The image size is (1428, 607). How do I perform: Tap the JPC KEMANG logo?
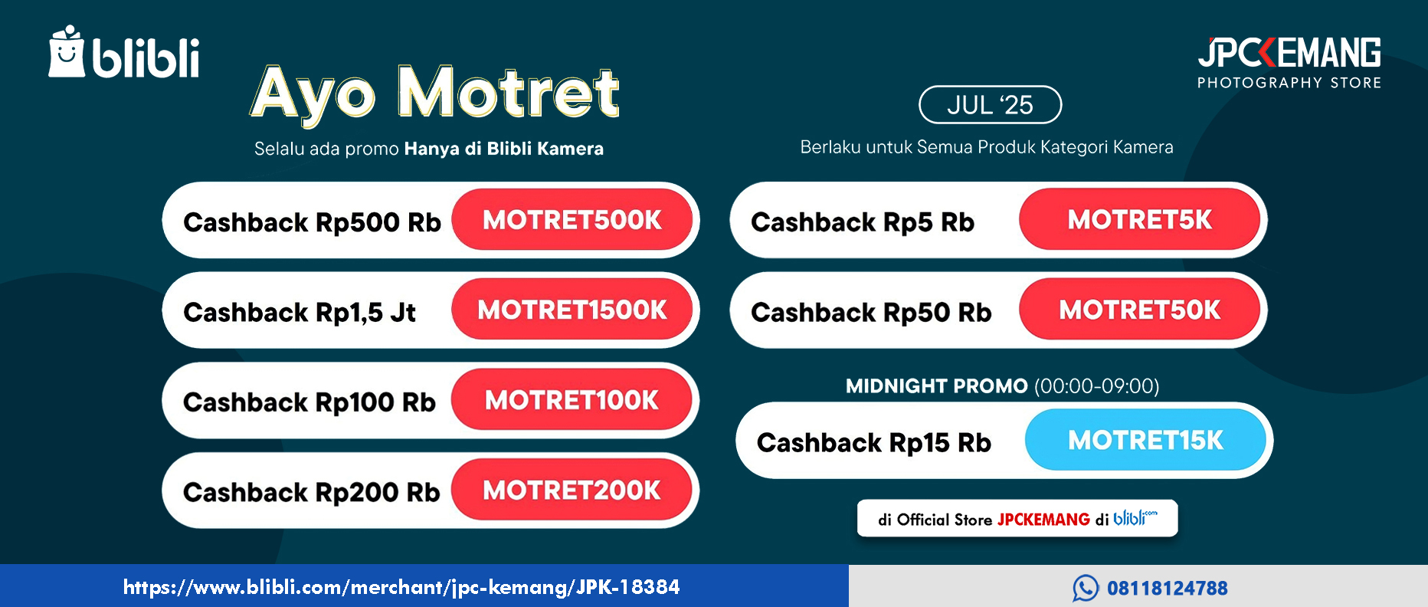pos(1289,53)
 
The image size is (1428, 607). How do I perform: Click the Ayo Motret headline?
pos(434,94)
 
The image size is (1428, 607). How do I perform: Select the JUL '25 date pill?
pos(990,104)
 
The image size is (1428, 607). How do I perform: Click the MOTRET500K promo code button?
pos(572,220)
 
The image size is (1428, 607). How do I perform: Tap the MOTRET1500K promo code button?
pos(572,310)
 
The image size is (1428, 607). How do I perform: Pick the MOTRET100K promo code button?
pos(572,400)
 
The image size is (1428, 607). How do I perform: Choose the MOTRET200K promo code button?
pos(572,490)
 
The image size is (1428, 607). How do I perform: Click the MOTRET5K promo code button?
pos(1139,220)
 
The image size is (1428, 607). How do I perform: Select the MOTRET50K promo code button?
pos(1139,310)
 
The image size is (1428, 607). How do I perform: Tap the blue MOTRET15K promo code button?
pos(1145,440)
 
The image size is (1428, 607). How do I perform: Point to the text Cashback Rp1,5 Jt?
pos(300,313)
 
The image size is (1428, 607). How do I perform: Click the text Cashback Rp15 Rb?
pos(874,443)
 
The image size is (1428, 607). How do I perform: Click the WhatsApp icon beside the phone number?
pos(1086,588)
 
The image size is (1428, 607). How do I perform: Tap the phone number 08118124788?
pos(1168,588)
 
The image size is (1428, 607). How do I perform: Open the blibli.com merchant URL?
pos(401,587)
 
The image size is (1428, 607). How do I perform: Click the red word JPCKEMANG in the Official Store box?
pos(1043,520)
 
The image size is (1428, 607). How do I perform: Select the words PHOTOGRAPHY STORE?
pos(1289,83)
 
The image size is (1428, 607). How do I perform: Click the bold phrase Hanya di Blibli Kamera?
pos(504,149)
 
